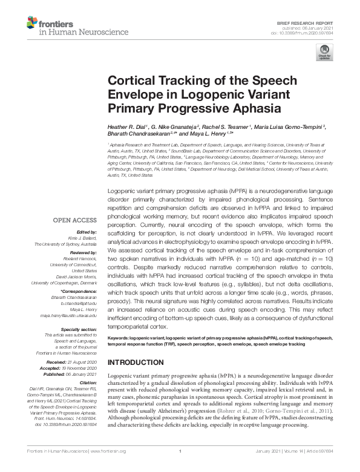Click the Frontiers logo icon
click(x=32, y=24)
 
